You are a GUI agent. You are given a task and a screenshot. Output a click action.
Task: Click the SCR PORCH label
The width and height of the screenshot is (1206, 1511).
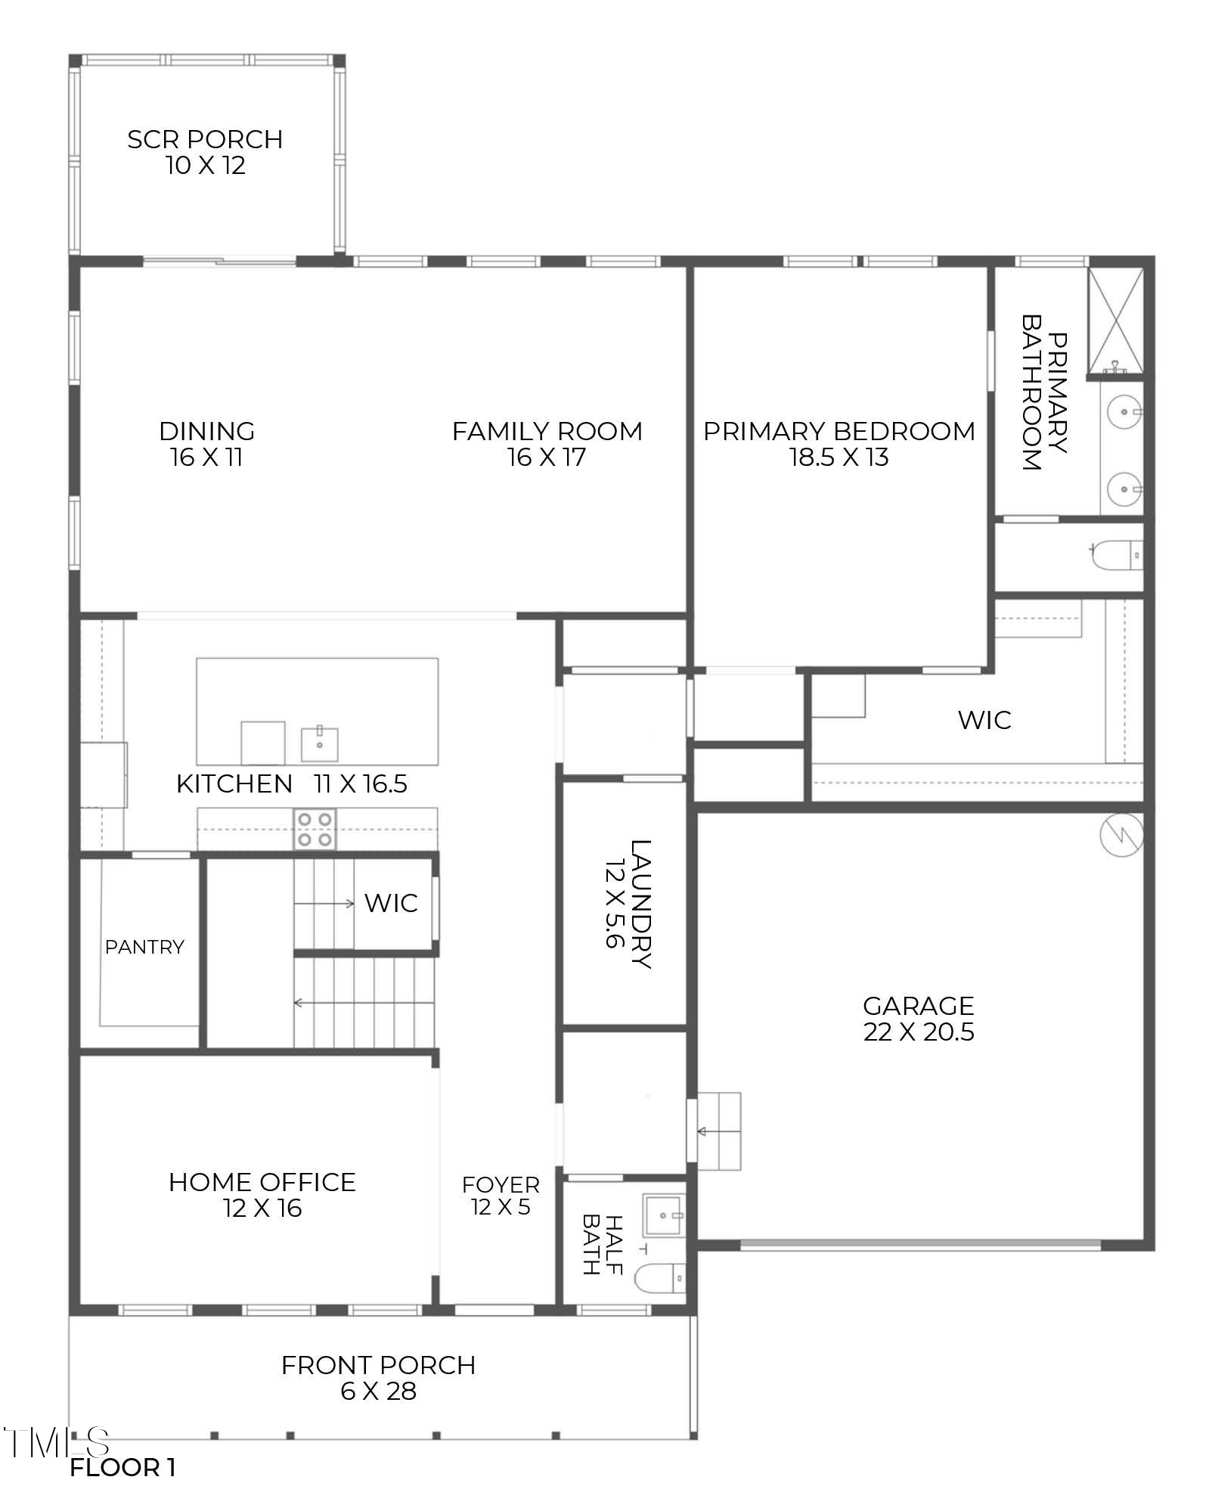click(x=205, y=139)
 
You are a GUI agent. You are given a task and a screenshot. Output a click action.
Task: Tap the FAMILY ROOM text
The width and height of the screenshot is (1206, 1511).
click(x=547, y=431)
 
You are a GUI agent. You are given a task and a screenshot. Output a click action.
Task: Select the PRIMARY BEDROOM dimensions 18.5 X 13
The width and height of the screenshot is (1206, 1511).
click(x=839, y=458)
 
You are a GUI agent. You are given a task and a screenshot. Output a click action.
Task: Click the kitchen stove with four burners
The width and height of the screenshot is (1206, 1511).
click(x=315, y=829)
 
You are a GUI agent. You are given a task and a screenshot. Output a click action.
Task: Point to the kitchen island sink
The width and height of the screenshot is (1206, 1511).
click(x=320, y=743)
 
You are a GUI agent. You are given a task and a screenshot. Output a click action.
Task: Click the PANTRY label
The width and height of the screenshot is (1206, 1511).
click(x=144, y=947)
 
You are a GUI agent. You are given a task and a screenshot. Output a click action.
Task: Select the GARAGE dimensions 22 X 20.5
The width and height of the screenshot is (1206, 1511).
click(x=919, y=1032)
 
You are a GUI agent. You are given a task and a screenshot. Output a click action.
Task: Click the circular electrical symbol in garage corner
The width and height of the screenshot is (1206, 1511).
click(x=1121, y=836)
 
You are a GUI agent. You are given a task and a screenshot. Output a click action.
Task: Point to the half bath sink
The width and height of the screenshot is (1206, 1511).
click(x=662, y=1215)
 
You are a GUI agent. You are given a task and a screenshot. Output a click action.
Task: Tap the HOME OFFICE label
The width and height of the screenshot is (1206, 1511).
click(x=262, y=1182)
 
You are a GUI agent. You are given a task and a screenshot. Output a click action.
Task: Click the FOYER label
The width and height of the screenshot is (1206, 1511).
click(x=501, y=1184)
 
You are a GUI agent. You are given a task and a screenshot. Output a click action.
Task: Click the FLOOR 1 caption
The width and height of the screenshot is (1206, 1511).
click(x=122, y=1468)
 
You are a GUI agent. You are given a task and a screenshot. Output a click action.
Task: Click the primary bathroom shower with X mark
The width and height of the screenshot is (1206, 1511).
click(x=1115, y=321)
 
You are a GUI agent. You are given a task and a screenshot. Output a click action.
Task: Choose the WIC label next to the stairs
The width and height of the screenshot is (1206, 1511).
click(x=391, y=903)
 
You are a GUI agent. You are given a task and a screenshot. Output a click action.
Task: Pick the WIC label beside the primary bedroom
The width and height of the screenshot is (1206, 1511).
click(x=984, y=720)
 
